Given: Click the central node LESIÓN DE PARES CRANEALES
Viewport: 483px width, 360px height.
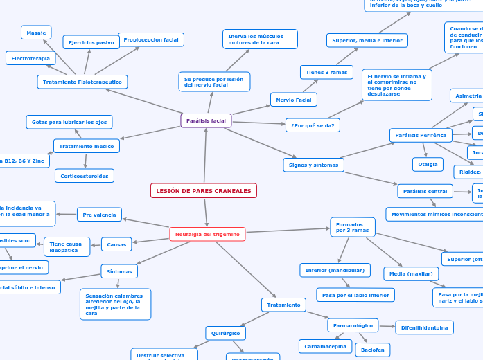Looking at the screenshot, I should pyautogui.click(x=204, y=190).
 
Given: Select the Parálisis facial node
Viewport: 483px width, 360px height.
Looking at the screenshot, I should pyautogui.click(x=206, y=120).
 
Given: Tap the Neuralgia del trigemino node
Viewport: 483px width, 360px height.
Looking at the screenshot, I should pyautogui.click(x=207, y=234).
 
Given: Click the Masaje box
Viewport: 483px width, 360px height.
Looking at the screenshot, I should pyautogui.click(x=36, y=33).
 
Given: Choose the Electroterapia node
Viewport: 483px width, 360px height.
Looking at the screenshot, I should pyautogui.click(x=30, y=59).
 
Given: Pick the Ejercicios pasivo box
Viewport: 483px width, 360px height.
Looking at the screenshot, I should pyautogui.click(x=91, y=42).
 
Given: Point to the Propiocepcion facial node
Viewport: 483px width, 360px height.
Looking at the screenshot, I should pyautogui.click(x=151, y=39).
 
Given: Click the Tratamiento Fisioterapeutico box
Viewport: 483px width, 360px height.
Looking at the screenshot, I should pyautogui.click(x=82, y=82).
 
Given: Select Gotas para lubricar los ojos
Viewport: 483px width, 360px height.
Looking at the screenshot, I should pyautogui.click(x=69, y=122).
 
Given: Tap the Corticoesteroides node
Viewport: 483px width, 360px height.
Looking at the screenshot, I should pyautogui.click(x=85, y=176).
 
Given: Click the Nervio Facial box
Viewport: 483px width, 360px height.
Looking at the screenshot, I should pyautogui.click(x=294, y=100).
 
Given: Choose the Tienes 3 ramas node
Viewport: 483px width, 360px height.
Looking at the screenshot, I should pyautogui.click(x=326, y=72).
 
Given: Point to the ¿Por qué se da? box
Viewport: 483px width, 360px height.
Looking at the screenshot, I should pyautogui.click(x=313, y=125).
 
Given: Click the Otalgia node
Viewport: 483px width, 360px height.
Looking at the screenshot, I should pyautogui.click(x=428, y=164).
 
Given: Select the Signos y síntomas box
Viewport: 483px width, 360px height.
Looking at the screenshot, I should pyautogui.click(x=314, y=165).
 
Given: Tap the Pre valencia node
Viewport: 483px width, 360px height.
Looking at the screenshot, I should pyautogui.click(x=99, y=215).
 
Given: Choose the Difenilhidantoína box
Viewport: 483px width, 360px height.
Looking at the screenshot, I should pyautogui.click(x=424, y=327).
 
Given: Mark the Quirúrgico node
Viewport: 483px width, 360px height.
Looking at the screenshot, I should pyautogui.click(x=225, y=333).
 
